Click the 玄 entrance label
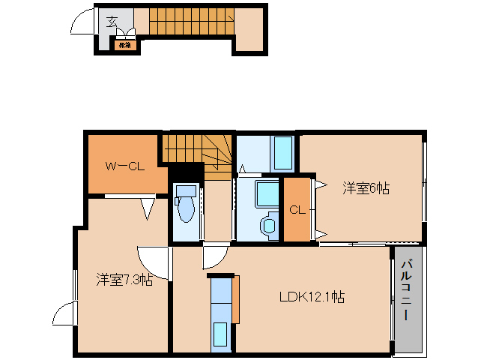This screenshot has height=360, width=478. coord(112,20)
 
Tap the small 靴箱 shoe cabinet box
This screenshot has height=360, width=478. coord(124,45)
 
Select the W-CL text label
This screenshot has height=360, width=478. coord(124,166)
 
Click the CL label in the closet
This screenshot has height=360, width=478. coord(297,210)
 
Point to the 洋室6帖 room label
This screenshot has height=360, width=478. coord(366,188)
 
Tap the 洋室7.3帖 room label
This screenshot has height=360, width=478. coord(124,280)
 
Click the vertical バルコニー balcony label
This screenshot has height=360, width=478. coord(406,291)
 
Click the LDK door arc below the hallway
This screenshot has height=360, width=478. coord(212,258)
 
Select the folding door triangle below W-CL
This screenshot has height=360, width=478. coord(147,208)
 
